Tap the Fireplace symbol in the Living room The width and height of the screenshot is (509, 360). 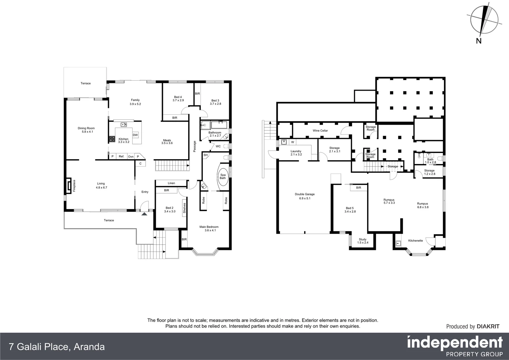(69, 185)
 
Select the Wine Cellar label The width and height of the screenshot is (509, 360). (320, 131)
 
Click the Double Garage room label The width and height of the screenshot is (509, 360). (304, 194)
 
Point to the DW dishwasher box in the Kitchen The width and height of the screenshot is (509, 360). (135, 135)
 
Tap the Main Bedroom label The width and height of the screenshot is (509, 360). (209, 227)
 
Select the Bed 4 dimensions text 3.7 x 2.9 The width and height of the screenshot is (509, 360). (178, 100)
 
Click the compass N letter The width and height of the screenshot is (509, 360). (479, 41)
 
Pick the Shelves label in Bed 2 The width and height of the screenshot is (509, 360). (184, 208)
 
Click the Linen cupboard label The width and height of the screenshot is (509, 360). (171, 183)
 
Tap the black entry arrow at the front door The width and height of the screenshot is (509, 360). (144, 214)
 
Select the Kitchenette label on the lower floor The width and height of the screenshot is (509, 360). (415, 241)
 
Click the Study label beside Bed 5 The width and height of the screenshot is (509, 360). (362, 239)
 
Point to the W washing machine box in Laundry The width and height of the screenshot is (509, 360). (292, 142)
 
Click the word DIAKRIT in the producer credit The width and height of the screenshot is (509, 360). (488, 327)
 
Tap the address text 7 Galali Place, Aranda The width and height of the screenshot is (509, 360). (57, 347)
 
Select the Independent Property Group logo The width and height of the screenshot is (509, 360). (455, 346)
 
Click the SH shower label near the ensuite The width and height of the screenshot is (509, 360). (206, 155)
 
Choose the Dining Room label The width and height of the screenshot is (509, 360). (86, 128)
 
